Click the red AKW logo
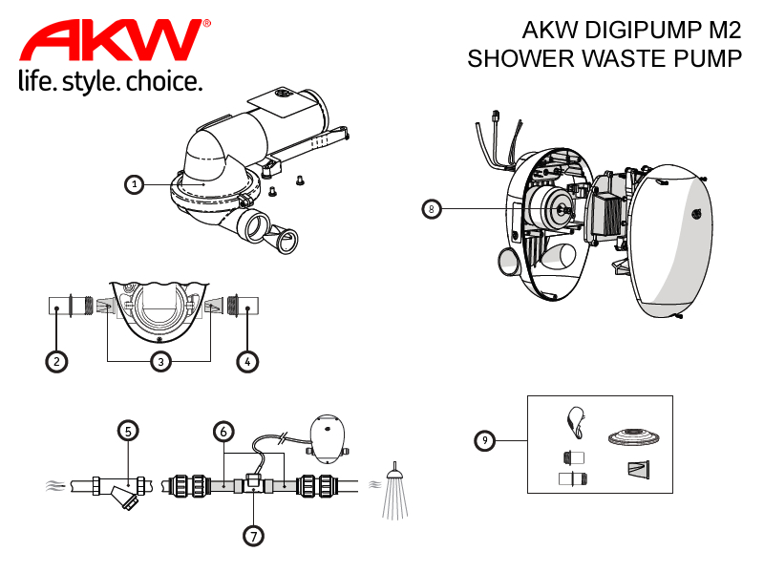pyautogui.click(x=115, y=40)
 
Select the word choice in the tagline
pyautogui.click(x=163, y=81)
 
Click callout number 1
pyautogui.click(x=134, y=184)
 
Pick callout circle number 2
pyautogui.click(x=56, y=362)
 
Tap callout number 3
pyautogui.click(x=160, y=362)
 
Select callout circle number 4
pyautogui.click(x=247, y=362)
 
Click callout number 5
pyautogui.click(x=128, y=431)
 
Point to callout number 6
pyautogui.click(x=223, y=432)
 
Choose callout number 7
pyautogui.click(x=253, y=536)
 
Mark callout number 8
pyautogui.click(x=432, y=209)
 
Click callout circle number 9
pyautogui.click(x=485, y=440)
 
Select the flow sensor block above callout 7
pyautogui.click(x=253, y=483)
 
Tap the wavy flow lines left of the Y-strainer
pyautogui.click(x=55, y=485)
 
